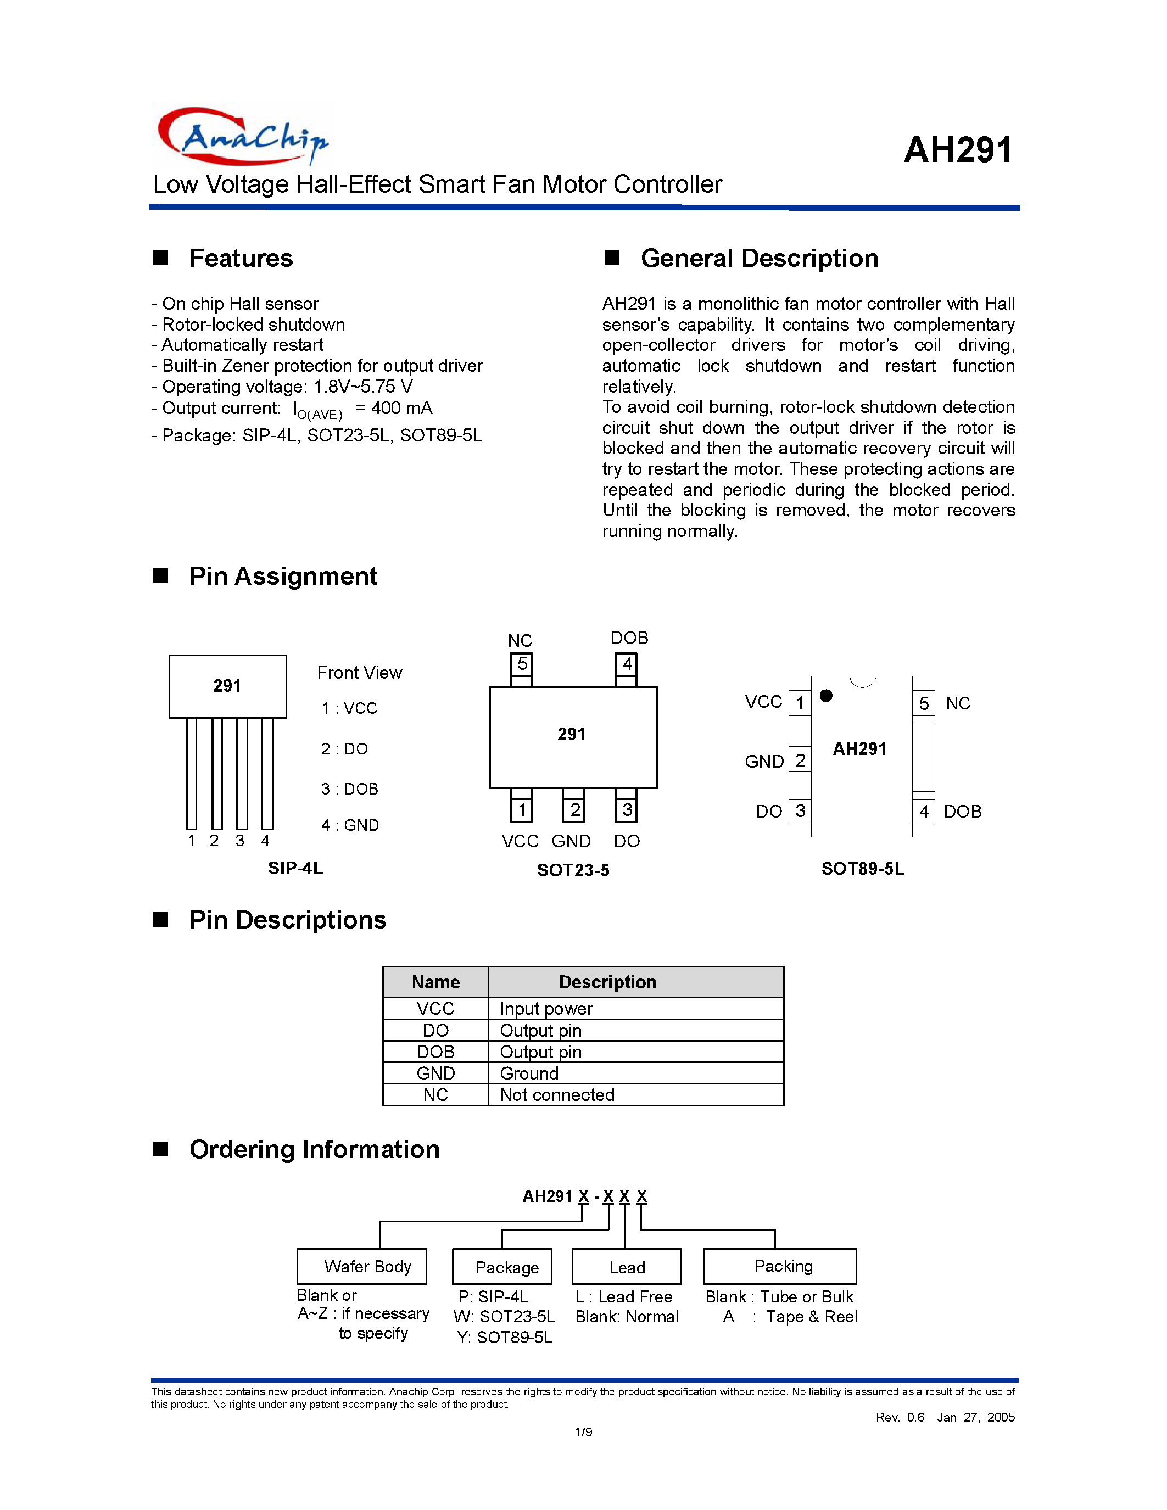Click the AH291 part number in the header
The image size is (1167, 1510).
[958, 149]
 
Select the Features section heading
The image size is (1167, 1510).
[241, 258]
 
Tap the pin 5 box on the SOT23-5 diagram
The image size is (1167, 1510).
[522, 664]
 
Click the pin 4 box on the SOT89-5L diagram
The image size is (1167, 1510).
[924, 811]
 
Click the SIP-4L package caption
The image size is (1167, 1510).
[295, 869]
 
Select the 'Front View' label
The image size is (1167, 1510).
[360, 673]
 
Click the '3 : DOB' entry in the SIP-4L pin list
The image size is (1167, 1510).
[349, 789]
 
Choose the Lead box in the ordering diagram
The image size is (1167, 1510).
[627, 1267]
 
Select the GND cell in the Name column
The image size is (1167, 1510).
[435, 1073]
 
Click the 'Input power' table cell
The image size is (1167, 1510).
[546, 1009]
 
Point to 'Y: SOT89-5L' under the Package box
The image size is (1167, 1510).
[505, 1337]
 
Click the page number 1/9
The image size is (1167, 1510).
[583, 1432]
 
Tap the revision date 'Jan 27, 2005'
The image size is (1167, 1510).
[975, 1417]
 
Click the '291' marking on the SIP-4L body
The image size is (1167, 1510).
[227, 686]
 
